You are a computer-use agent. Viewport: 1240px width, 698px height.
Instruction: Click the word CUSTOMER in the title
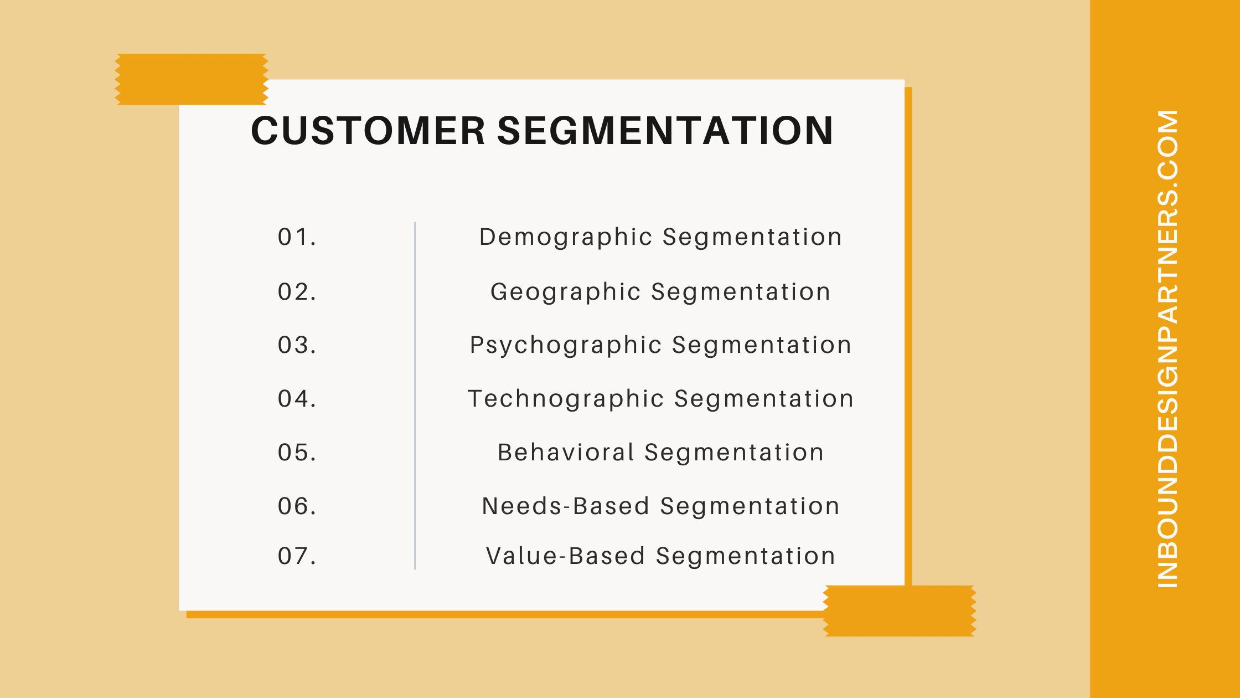pyautogui.click(x=368, y=131)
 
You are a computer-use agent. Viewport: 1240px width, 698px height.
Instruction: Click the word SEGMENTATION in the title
pyautogui.click(x=665, y=131)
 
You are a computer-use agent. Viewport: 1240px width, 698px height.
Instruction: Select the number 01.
pyautogui.click(x=297, y=237)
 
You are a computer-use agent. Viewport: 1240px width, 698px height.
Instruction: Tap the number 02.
pyautogui.click(x=297, y=292)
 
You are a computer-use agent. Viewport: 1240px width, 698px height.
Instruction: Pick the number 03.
pyautogui.click(x=297, y=345)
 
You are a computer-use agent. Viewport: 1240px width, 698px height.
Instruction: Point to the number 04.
pyautogui.click(x=297, y=399)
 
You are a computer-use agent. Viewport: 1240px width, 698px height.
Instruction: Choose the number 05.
pyautogui.click(x=297, y=453)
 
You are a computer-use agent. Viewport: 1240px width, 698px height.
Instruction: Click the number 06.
pyautogui.click(x=297, y=506)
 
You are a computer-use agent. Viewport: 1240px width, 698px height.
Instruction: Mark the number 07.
pyautogui.click(x=297, y=556)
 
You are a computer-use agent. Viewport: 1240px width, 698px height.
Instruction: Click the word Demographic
pyautogui.click(x=566, y=237)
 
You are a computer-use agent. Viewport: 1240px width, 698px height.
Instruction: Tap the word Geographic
pyautogui.click(x=566, y=292)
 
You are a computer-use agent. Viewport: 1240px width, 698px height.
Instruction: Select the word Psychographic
pyautogui.click(x=566, y=345)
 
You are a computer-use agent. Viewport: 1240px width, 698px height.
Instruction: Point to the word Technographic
pyautogui.click(x=566, y=399)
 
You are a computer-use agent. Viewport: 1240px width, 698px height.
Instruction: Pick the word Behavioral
pyautogui.click(x=566, y=453)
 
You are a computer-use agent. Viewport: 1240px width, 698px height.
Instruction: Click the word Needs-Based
pyautogui.click(x=566, y=506)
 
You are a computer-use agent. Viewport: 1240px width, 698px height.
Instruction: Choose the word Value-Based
pyautogui.click(x=566, y=556)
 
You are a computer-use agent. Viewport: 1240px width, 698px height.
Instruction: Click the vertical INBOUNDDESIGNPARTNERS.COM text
pyautogui.click(x=1167, y=349)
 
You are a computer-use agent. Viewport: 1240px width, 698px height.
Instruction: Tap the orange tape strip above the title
pyautogui.click(x=192, y=79)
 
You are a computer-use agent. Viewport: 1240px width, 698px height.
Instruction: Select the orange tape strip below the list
pyautogui.click(x=900, y=610)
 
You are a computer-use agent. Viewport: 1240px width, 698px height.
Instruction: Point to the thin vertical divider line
pyautogui.click(x=415, y=396)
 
